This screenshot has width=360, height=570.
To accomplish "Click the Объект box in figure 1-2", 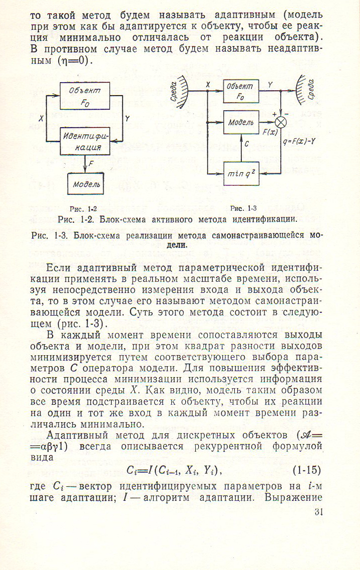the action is tap(85, 96).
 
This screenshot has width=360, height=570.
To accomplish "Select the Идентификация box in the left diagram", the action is tap(85, 141).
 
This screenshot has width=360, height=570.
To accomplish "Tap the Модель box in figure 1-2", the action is tap(86, 184).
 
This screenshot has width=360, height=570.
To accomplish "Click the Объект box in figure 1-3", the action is tap(241, 91).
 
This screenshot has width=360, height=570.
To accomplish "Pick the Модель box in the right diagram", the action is tap(241, 122).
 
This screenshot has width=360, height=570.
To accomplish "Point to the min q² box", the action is tap(241, 173).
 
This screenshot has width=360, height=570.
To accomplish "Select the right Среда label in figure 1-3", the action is tap(310, 88).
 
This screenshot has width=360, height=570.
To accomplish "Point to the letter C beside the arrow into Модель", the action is tap(247, 144).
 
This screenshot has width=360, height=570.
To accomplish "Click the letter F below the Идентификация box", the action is tap(91, 164).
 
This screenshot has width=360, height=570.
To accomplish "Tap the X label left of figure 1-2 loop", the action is tap(41, 119).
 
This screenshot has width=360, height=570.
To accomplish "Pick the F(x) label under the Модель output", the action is tap(270, 132).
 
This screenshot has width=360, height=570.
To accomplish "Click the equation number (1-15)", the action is tap(307, 470).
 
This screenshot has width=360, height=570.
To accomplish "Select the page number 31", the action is tap(318, 512).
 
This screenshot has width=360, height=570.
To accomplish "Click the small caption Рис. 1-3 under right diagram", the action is tap(243, 208).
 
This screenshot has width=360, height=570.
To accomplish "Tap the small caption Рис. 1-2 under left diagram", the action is tap(83, 209).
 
